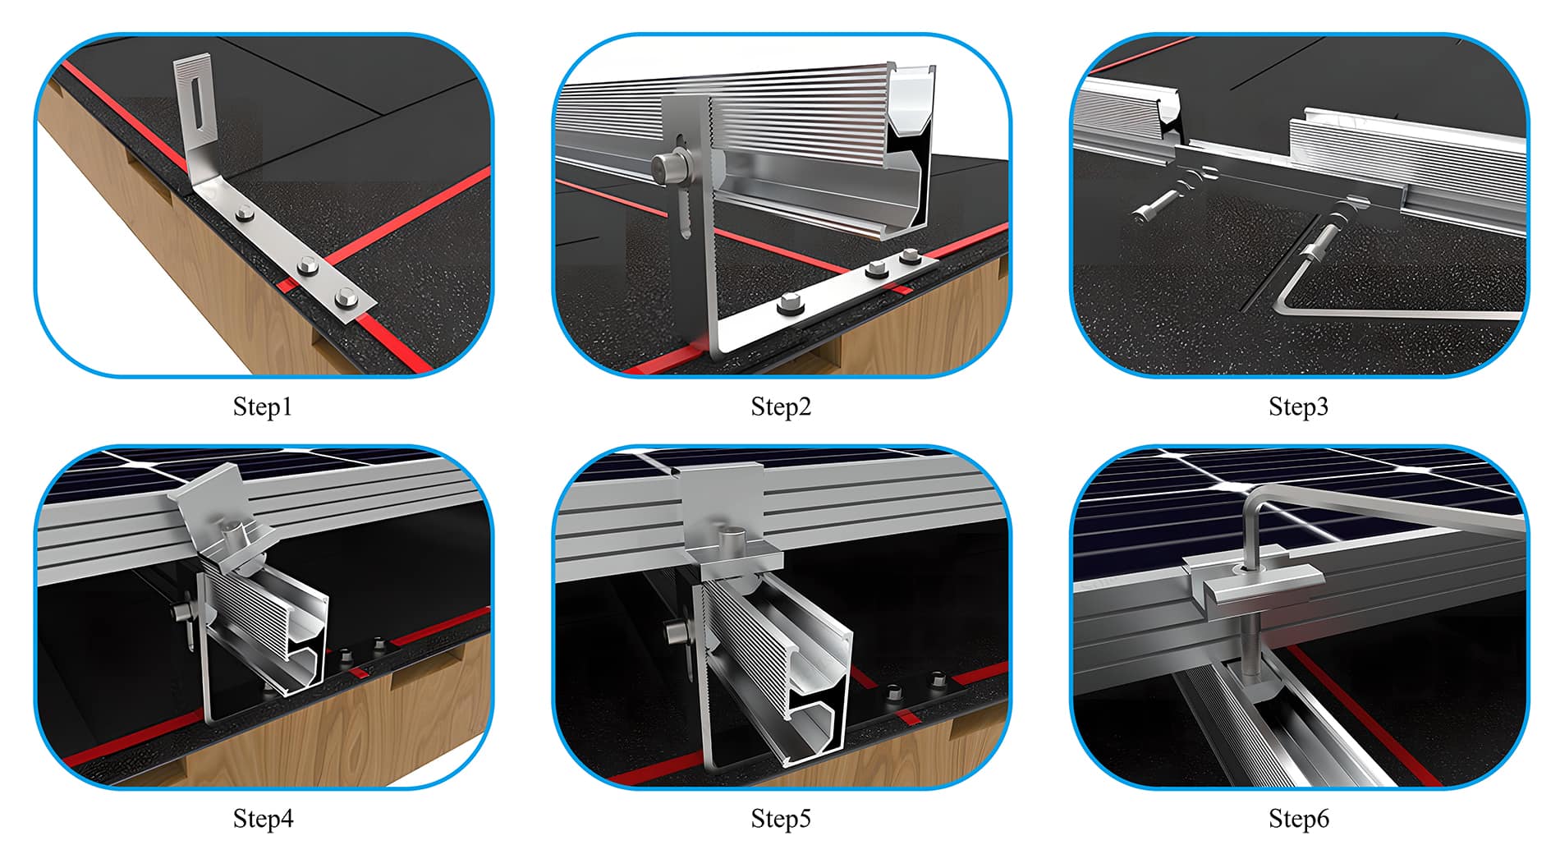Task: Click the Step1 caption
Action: (x=263, y=406)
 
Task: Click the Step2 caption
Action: (x=781, y=406)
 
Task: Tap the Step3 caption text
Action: (x=1298, y=406)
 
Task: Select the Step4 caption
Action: (x=263, y=819)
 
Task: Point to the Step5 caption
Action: (x=781, y=819)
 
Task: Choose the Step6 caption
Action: (x=1298, y=819)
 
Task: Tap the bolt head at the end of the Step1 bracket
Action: (x=346, y=300)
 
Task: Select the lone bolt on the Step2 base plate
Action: (x=789, y=306)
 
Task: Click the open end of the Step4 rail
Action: (x=300, y=641)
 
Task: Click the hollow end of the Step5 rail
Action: (x=817, y=706)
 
